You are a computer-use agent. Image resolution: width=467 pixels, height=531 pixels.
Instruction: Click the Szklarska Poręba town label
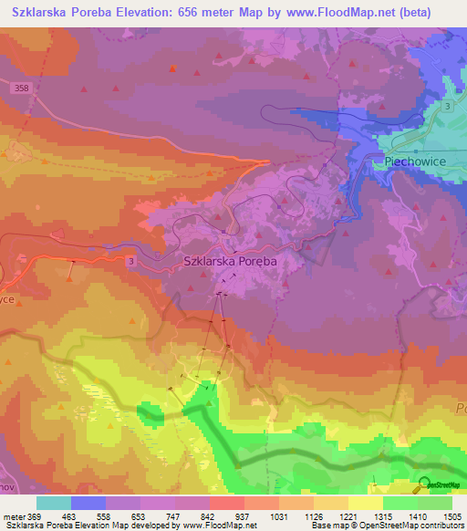229,260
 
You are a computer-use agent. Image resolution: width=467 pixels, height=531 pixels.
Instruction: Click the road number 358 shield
23,88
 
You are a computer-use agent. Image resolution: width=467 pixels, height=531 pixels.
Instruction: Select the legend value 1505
451,515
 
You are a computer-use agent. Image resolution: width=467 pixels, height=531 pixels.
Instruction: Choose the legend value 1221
348,515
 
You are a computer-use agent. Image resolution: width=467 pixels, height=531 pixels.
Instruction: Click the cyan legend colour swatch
53,503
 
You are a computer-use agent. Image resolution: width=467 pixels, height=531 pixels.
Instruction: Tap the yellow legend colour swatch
365,503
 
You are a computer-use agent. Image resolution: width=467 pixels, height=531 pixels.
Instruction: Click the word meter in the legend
14,515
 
